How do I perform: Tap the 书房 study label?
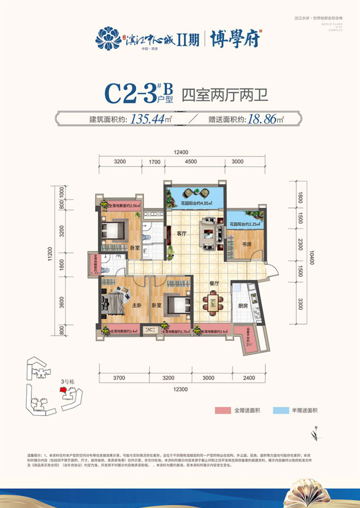(244, 244)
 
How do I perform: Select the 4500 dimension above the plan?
(191, 161)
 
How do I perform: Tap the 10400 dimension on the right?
(312, 254)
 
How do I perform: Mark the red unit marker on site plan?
(63, 390)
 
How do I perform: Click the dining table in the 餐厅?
(214, 302)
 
